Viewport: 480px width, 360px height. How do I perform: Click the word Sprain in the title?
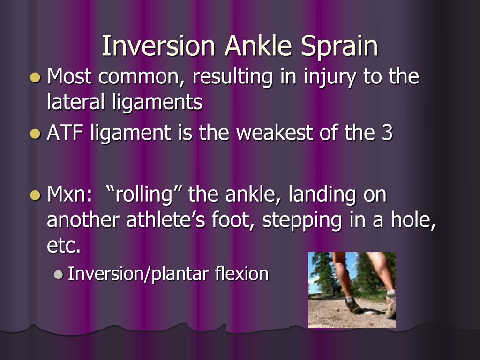(x=339, y=46)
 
